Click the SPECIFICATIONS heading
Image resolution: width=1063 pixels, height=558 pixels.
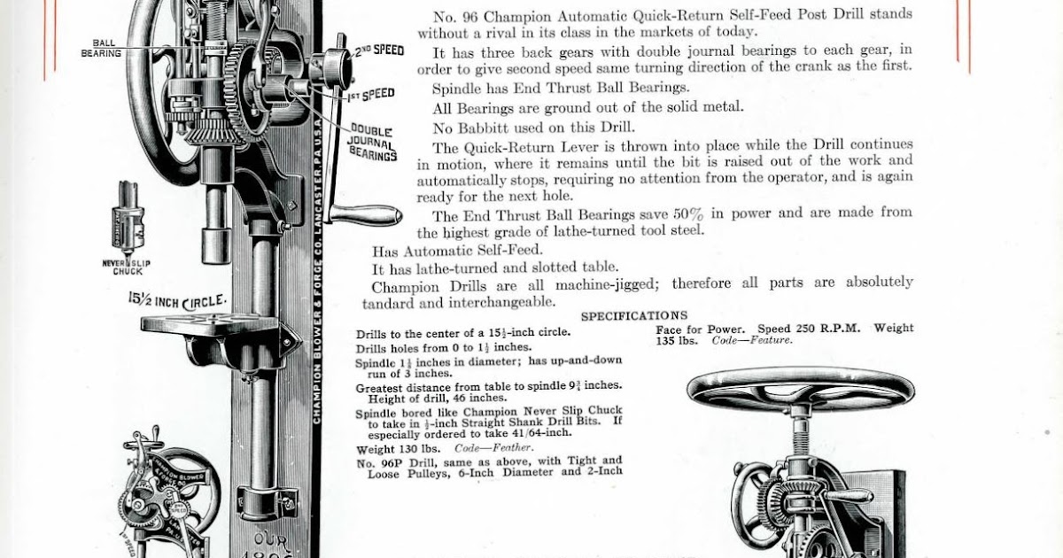pos(633,315)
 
